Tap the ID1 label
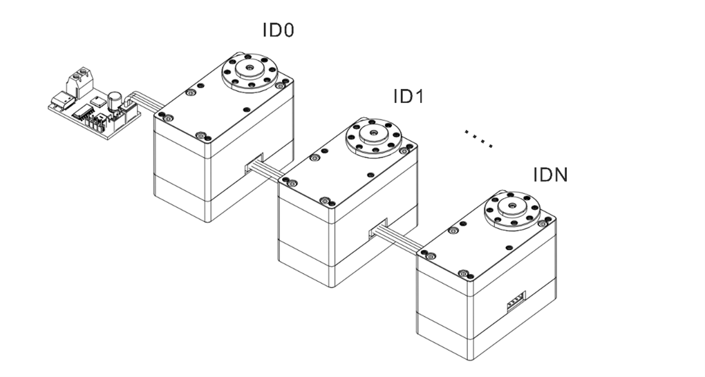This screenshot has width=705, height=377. click(408, 97)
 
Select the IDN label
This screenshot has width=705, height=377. click(550, 174)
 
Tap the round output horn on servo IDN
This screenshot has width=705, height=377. click(510, 208)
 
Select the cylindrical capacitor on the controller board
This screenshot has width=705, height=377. click(116, 101)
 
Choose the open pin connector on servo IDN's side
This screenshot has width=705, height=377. click(515, 301)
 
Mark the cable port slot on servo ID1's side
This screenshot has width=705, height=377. click(378, 231)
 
